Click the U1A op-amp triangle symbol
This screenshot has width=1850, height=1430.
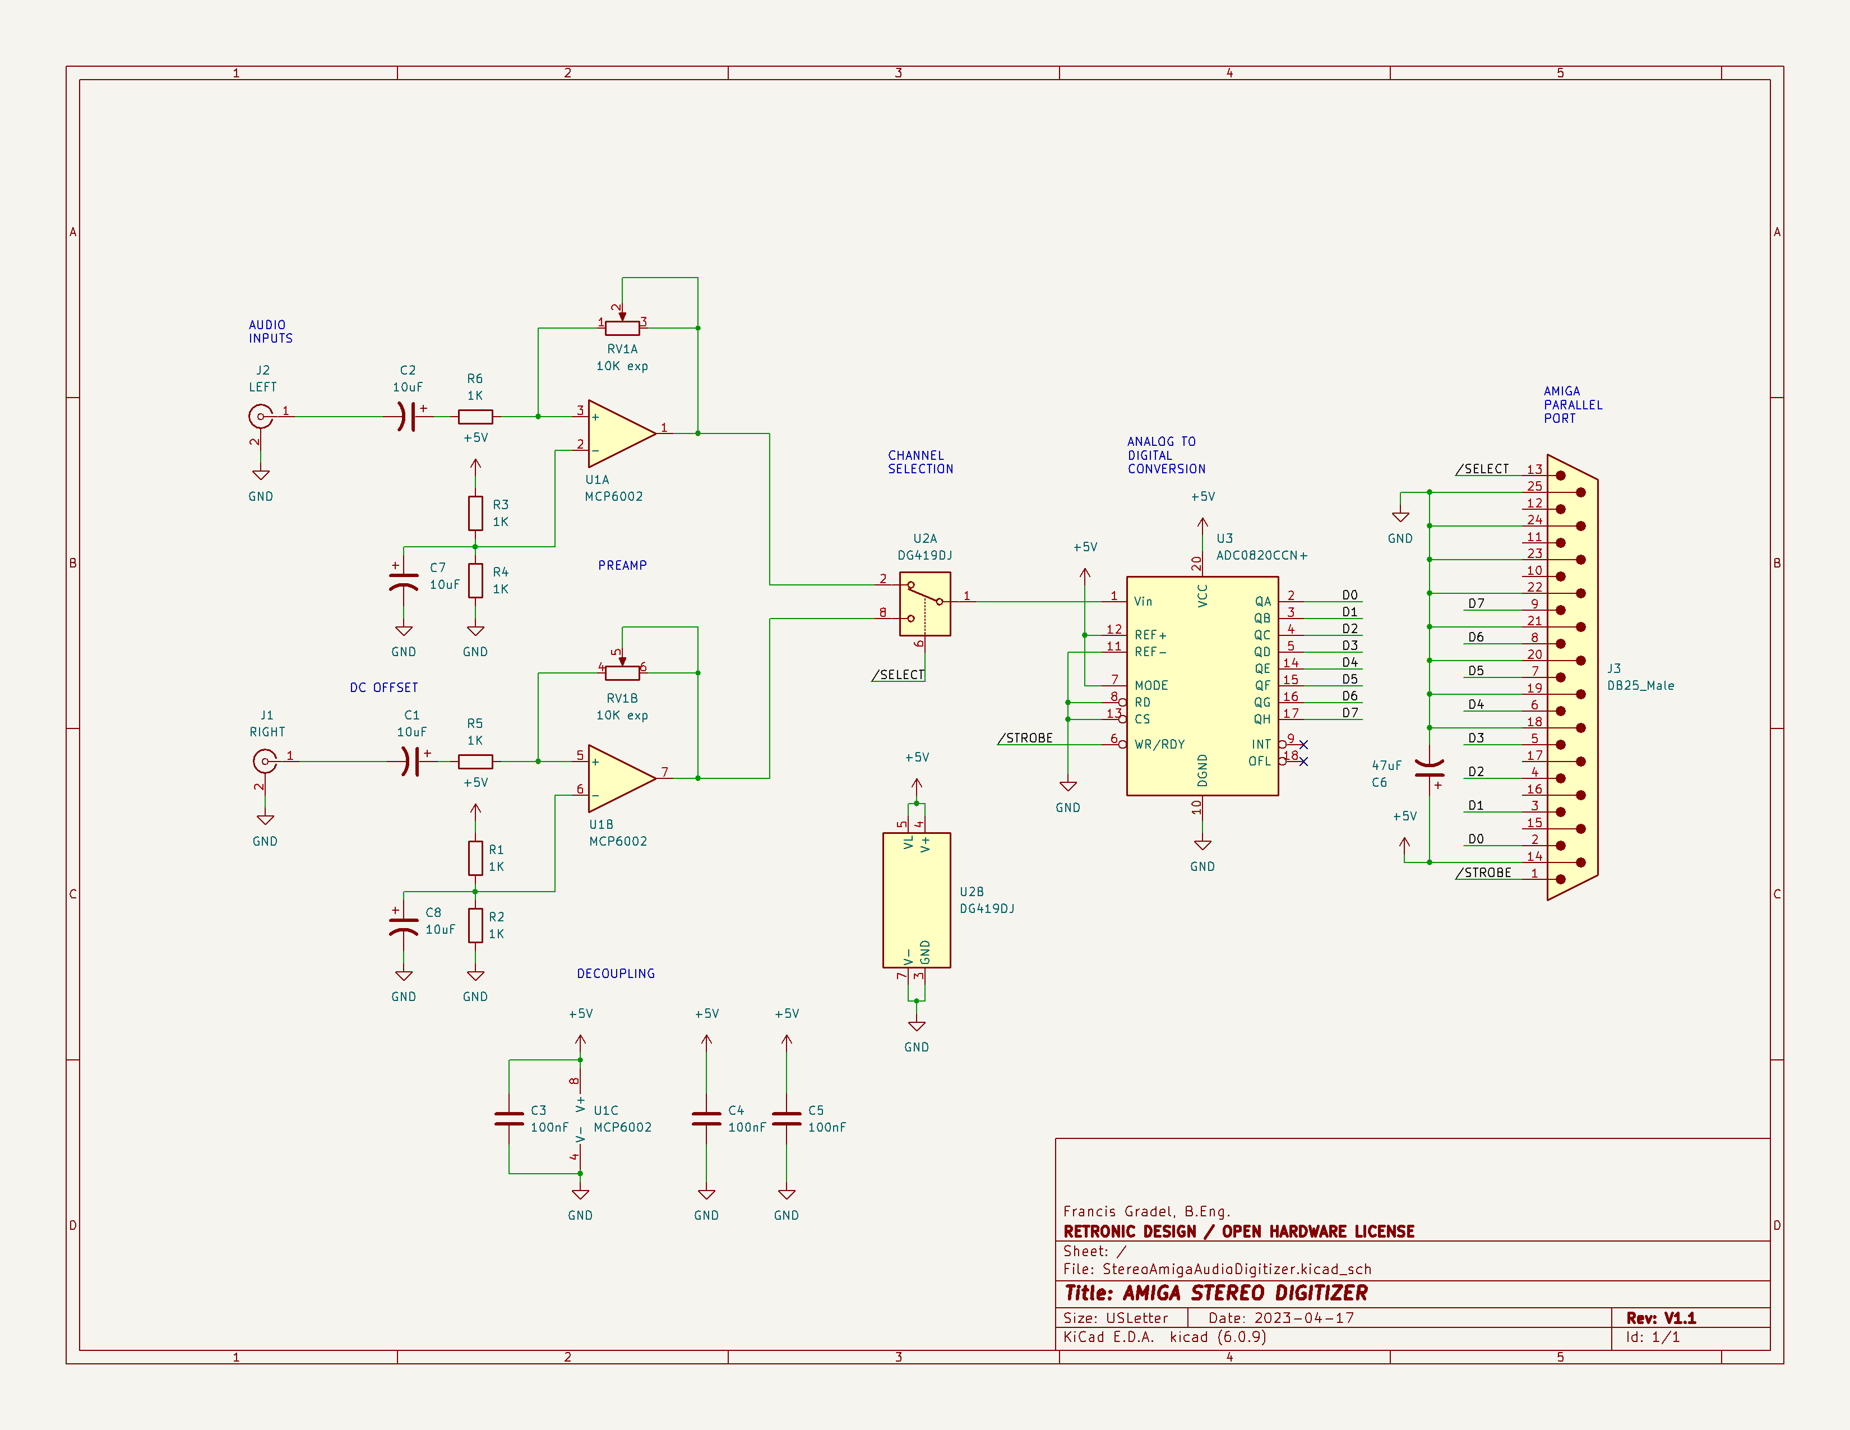pos(619,433)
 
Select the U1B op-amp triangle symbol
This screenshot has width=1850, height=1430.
pos(619,778)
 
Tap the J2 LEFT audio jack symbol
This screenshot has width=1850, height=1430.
pos(260,417)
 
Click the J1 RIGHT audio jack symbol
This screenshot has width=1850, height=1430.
pos(264,762)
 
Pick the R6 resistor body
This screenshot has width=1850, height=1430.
pos(475,417)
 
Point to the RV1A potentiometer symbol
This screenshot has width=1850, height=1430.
pos(623,328)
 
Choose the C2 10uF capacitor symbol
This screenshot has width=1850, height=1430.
pos(408,417)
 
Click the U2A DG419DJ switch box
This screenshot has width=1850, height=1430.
pos(925,603)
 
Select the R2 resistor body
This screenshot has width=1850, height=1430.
pos(475,926)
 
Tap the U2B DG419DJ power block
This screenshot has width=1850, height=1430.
pos(917,899)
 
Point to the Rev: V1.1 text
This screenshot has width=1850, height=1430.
pos(1661,1318)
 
